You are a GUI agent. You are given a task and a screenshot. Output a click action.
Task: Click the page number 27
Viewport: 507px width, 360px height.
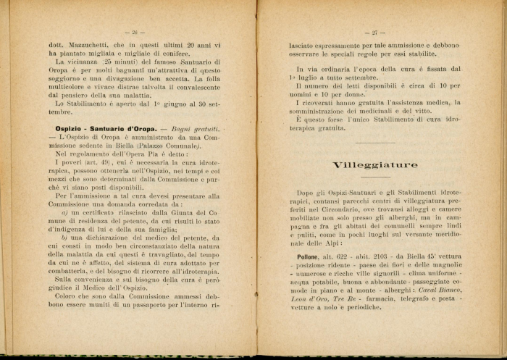(374, 33)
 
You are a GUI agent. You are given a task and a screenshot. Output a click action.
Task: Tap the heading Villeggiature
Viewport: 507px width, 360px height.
(374, 165)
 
